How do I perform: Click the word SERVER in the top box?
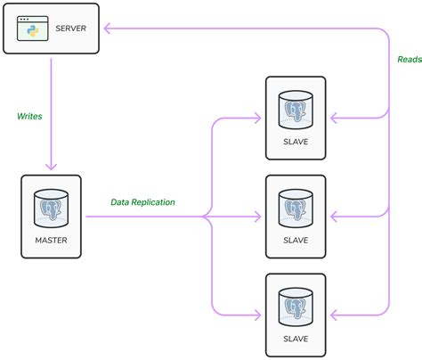click(71, 29)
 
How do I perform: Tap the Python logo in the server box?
click(34, 33)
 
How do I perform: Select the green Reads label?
click(409, 60)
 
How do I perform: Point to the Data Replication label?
click(142, 202)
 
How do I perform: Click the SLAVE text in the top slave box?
click(296, 141)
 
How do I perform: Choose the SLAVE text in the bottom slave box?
click(296, 340)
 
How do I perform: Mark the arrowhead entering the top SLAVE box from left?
click(259, 117)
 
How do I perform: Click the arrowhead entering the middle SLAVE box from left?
click(259, 216)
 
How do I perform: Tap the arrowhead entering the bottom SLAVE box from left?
click(259, 315)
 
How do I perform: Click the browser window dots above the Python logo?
click(26, 18)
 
